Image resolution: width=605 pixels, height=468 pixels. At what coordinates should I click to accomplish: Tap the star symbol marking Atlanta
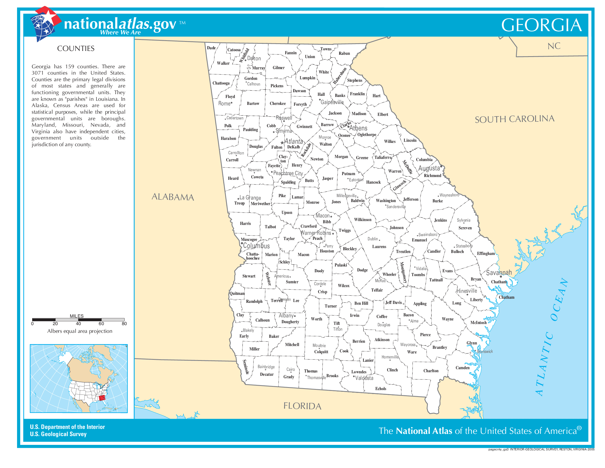(x=282, y=143)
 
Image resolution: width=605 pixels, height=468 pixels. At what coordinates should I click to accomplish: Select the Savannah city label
(x=499, y=273)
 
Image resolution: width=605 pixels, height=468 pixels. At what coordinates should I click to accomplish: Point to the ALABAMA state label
(x=173, y=197)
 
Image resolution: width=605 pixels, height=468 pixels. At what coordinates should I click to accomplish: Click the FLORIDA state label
(x=302, y=406)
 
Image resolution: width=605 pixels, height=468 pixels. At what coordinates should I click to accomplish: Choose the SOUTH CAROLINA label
(x=515, y=119)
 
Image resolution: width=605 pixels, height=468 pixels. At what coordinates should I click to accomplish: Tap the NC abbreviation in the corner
(x=554, y=46)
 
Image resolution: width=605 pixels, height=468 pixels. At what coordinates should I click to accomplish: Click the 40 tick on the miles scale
(x=78, y=323)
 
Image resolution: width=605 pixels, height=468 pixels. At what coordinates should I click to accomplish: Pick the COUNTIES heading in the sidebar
(x=76, y=48)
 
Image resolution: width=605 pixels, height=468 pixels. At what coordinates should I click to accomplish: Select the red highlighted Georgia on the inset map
(x=102, y=398)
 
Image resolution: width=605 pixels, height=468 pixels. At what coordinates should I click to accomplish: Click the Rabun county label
(x=344, y=53)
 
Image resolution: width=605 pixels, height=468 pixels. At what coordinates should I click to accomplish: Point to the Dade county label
(x=211, y=48)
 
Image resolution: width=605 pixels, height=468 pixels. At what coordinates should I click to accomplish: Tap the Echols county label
(x=381, y=389)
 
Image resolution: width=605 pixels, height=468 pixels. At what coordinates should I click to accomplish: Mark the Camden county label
(x=462, y=368)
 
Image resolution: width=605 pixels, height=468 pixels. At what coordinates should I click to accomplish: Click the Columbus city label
(x=256, y=246)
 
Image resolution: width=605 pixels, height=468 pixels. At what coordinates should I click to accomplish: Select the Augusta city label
(x=429, y=168)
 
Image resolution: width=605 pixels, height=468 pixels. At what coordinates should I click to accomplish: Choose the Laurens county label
(x=379, y=246)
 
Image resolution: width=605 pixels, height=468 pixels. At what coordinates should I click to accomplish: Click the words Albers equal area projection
(x=79, y=331)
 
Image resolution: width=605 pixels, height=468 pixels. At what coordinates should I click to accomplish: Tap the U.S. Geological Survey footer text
(x=58, y=434)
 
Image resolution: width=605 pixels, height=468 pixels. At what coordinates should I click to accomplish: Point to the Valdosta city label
(x=364, y=378)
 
